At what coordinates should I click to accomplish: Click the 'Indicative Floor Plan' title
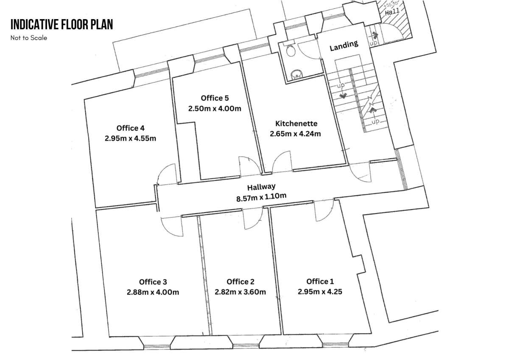pyautogui.click(x=62, y=25)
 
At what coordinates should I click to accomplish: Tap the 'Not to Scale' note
pyautogui.click(x=29, y=38)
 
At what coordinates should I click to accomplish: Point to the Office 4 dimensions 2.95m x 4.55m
pyautogui.click(x=131, y=138)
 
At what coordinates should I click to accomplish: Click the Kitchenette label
pyautogui.click(x=296, y=124)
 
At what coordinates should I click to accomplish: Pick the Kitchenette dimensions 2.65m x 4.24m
pyautogui.click(x=295, y=134)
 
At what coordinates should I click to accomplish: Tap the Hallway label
pyautogui.click(x=262, y=186)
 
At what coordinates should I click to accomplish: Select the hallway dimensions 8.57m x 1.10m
pyautogui.click(x=261, y=197)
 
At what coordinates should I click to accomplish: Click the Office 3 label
pyautogui.click(x=153, y=282)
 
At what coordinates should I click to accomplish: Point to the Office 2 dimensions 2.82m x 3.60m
pyautogui.click(x=240, y=292)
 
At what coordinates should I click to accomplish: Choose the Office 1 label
pyautogui.click(x=320, y=281)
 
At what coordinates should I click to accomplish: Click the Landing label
pyautogui.click(x=344, y=45)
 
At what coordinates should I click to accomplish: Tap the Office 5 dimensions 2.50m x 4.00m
pyautogui.click(x=215, y=109)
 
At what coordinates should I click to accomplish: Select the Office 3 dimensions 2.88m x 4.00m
pyautogui.click(x=153, y=292)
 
